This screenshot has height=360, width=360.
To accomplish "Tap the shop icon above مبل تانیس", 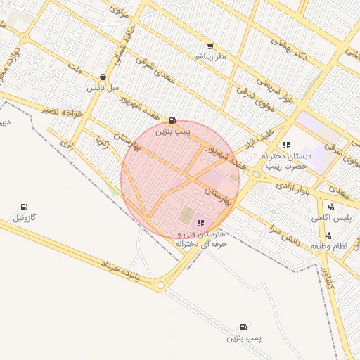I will click(103, 77).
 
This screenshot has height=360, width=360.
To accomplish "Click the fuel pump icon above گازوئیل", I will click(24, 207).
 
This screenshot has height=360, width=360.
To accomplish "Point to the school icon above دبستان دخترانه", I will click(286, 145).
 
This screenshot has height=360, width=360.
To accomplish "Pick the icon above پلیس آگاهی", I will click(330, 207).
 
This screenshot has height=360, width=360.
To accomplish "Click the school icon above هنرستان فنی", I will click(201, 223).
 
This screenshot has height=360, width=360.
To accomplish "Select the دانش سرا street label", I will click(285, 236).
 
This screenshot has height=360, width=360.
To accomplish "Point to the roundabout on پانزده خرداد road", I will click(160, 285).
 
